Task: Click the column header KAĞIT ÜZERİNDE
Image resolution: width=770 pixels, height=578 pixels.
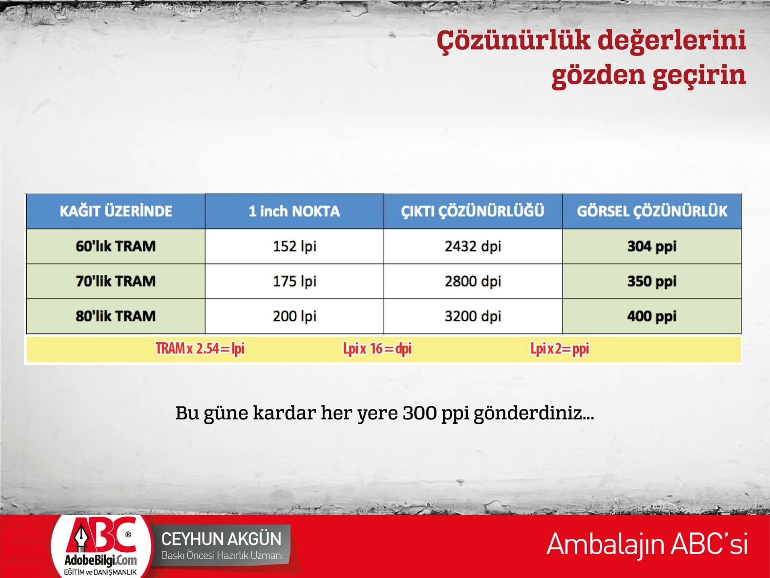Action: (x=116, y=211)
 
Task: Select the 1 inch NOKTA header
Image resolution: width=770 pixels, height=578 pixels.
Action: (x=294, y=211)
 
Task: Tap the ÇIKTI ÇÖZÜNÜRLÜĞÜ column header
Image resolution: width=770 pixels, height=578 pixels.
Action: (x=473, y=211)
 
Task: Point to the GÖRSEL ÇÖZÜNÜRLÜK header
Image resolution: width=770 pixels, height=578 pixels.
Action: (x=652, y=211)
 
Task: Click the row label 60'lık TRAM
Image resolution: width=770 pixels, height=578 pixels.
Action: (x=116, y=246)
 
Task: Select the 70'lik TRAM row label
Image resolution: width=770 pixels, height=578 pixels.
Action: (x=116, y=281)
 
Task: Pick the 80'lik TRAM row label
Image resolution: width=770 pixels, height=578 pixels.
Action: (x=116, y=316)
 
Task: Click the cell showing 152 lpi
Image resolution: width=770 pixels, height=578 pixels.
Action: (x=294, y=246)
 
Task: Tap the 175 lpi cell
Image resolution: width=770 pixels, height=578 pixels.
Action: (x=294, y=281)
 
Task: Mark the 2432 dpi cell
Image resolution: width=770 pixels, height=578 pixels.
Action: (x=473, y=246)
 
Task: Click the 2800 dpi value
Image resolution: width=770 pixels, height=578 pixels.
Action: (x=473, y=281)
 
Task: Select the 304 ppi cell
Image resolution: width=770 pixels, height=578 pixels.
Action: (x=652, y=246)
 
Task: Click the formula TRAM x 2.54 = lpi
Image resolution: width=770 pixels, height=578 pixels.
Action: (x=200, y=348)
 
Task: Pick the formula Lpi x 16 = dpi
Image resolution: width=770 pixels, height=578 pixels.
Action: (x=377, y=348)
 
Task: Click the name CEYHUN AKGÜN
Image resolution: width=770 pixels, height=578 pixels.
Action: (x=221, y=539)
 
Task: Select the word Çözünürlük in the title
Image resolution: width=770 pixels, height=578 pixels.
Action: (x=514, y=41)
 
